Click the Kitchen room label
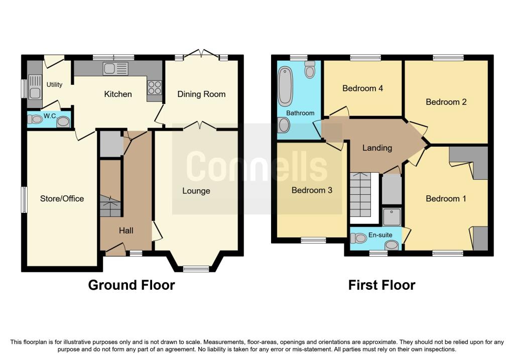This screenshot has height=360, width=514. click(x=118, y=94)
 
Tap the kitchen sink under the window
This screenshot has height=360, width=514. click(x=115, y=68)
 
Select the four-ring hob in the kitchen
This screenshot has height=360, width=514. click(x=154, y=88)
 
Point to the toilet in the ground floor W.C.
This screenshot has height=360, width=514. click(x=36, y=119)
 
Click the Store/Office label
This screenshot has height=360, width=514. click(x=62, y=198)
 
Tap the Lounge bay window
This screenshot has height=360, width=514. click(x=196, y=269)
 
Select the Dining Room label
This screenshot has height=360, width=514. click(x=201, y=94)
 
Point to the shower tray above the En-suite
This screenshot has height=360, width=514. click(x=392, y=217)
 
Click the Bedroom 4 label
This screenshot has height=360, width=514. click(x=362, y=88)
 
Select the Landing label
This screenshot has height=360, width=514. click(x=377, y=148)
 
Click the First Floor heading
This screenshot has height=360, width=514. click(x=381, y=285)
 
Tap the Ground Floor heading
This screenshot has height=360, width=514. click(x=132, y=285)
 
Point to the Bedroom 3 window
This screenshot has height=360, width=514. click(x=313, y=241)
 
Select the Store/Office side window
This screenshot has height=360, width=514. click(x=24, y=199)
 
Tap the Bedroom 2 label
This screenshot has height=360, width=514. click(x=446, y=102)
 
